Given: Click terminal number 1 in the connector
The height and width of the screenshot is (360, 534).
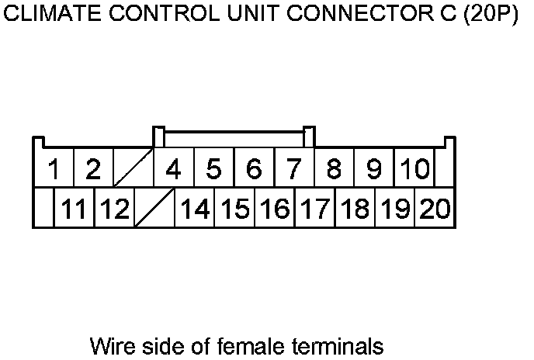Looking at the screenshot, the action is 54,168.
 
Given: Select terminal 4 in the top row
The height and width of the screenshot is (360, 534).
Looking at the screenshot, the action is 174,168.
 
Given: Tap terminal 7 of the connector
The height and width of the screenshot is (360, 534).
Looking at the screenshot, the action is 293,168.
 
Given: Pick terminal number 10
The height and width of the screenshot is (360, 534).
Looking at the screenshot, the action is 414,168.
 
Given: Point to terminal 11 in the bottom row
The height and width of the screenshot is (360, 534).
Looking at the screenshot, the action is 74,208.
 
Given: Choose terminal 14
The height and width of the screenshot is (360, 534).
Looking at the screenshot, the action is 194,208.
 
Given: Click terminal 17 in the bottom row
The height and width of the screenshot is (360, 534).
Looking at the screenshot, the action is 314,208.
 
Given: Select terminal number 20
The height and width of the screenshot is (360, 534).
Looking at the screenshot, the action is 435,208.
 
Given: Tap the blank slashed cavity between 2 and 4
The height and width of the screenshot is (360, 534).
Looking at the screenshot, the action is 133,168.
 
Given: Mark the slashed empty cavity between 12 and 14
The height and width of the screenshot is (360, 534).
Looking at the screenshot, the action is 154,208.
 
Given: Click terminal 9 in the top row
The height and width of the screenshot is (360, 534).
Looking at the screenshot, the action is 374,168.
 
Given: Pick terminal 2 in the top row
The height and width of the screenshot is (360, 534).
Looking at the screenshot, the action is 93,168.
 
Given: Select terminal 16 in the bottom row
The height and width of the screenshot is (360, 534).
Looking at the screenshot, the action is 274,208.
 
